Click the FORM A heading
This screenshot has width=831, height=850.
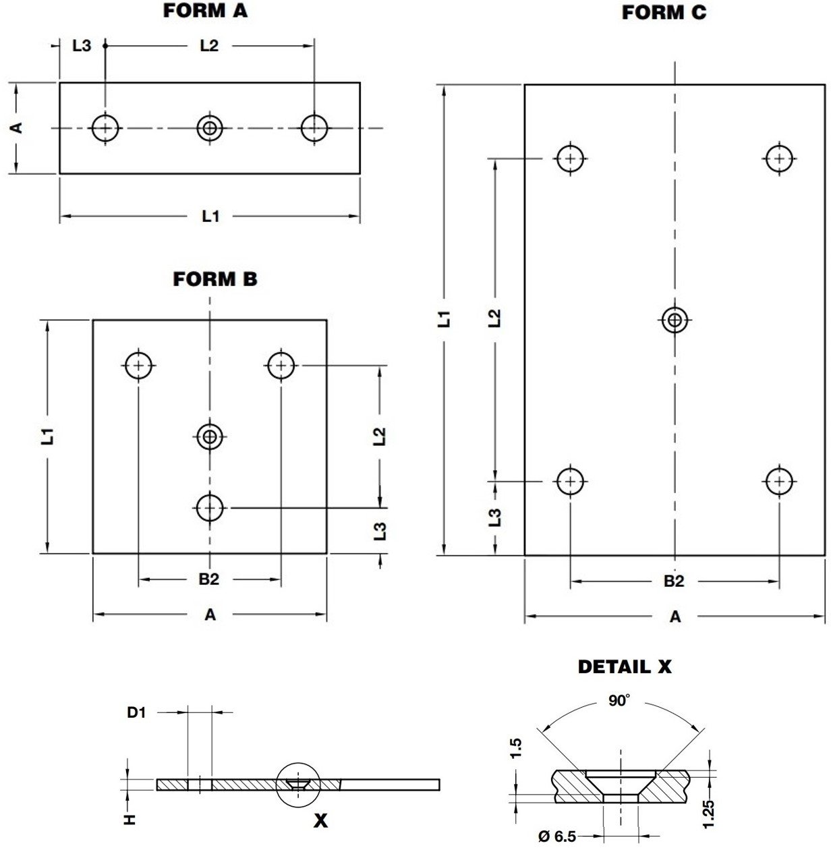[x=205, y=11]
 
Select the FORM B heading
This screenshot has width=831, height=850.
[x=215, y=279]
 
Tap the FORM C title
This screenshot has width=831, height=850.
[x=664, y=13]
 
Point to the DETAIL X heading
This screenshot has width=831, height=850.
[x=625, y=667]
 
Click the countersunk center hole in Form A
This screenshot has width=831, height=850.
[x=210, y=128]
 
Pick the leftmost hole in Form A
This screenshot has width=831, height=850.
[x=105, y=128]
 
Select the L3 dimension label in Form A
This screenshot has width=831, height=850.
[x=82, y=46]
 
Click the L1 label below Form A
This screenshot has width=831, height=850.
[x=210, y=216]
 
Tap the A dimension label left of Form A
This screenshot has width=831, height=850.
[x=18, y=127]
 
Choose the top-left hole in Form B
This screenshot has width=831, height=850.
[x=139, y=366]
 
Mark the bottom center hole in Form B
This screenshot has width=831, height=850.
[x=210, y=507]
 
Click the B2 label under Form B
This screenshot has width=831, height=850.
[x=209, y=579]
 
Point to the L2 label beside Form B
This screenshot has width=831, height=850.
[x=380, y=436]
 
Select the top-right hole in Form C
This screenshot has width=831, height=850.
[x=779, y=159]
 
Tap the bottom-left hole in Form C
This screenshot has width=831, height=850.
[x=571, y=481]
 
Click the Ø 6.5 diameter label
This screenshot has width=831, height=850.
[x=557, y=837]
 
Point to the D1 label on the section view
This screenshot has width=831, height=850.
[x=136, y=712]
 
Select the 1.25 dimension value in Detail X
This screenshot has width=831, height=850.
[x=708, y=814]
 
